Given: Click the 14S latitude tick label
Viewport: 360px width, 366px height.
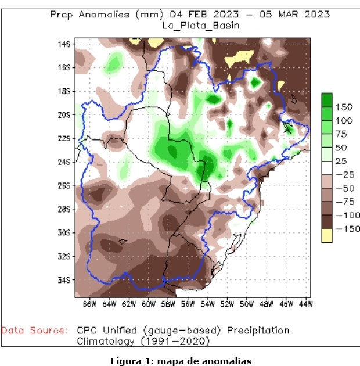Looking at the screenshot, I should pos(64,44).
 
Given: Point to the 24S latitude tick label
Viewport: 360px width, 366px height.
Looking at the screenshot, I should pos(64,162).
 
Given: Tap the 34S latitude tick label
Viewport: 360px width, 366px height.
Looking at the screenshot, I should pos(64,279).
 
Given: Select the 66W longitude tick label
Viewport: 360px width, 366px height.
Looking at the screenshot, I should pos(89,303).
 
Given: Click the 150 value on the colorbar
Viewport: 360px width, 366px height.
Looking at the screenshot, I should pos(344,107).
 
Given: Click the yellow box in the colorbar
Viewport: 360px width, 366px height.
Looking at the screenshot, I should pos(327,235).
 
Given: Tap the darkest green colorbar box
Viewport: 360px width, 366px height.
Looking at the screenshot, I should pos(327,101).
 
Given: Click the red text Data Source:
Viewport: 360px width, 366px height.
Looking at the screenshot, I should pos(34,331).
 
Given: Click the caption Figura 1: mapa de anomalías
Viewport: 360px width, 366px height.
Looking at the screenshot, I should pos(181,361).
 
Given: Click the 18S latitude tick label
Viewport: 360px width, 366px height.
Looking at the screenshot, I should pos(64,91).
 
